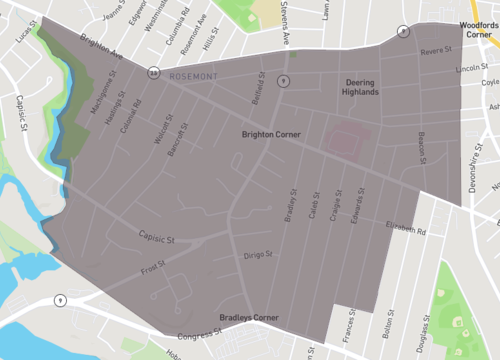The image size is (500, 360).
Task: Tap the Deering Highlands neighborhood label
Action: (361, 86)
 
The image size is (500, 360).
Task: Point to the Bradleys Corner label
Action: (251, 318)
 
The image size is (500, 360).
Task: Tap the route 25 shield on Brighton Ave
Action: (154, 72)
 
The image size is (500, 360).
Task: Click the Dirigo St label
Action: (258, 255)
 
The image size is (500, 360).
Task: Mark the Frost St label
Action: (153, 268)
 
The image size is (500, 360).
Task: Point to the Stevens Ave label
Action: (286, 25)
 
